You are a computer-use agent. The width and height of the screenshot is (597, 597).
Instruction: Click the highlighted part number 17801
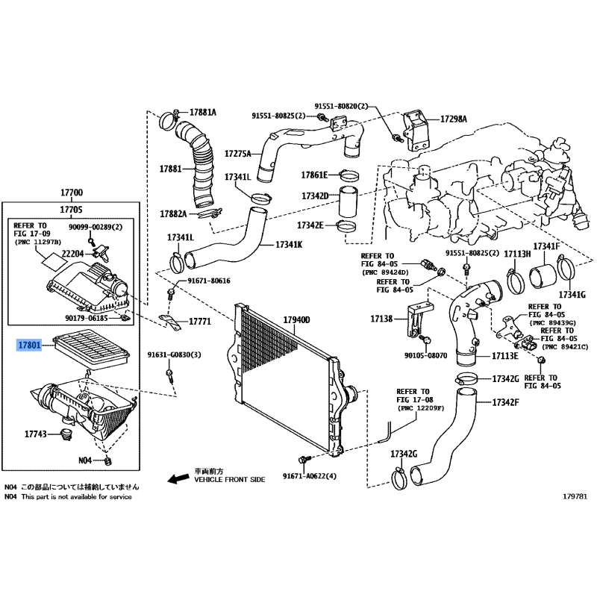tap(29, 346)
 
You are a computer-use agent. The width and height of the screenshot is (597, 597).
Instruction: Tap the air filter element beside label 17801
tap(91, 349)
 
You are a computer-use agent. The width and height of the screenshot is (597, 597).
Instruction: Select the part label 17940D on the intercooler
tap(296, 320)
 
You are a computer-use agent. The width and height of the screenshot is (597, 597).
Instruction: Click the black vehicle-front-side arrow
tap(178, 478)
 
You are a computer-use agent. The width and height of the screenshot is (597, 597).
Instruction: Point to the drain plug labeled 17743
tap(66, 434)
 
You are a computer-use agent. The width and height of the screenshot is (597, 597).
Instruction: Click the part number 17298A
tap(454, 119)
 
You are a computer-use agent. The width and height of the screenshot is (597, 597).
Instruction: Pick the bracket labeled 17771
tap(170, 322)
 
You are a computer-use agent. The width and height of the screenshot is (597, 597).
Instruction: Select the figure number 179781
tap(575, 496)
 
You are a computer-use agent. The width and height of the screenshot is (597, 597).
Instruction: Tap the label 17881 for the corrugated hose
tap(171, 169)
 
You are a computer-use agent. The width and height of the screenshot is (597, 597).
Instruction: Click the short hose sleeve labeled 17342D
tap(348, 201)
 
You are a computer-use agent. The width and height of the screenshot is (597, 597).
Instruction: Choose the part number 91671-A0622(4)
tap(310, 476)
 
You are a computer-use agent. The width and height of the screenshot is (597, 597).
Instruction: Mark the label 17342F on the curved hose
tap(505, 402)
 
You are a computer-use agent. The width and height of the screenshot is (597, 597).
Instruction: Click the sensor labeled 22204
tap(101, 253)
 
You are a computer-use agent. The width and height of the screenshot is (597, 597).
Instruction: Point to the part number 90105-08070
tap(425, 356)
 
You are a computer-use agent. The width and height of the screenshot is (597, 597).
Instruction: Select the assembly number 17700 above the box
tap(72, 193)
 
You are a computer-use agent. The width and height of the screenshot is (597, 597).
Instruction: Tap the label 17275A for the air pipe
tap(238, 154)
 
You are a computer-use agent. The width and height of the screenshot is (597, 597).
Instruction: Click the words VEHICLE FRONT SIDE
tap(230, 480)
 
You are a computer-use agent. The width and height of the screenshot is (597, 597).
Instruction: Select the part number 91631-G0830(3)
tap(175, 355)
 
